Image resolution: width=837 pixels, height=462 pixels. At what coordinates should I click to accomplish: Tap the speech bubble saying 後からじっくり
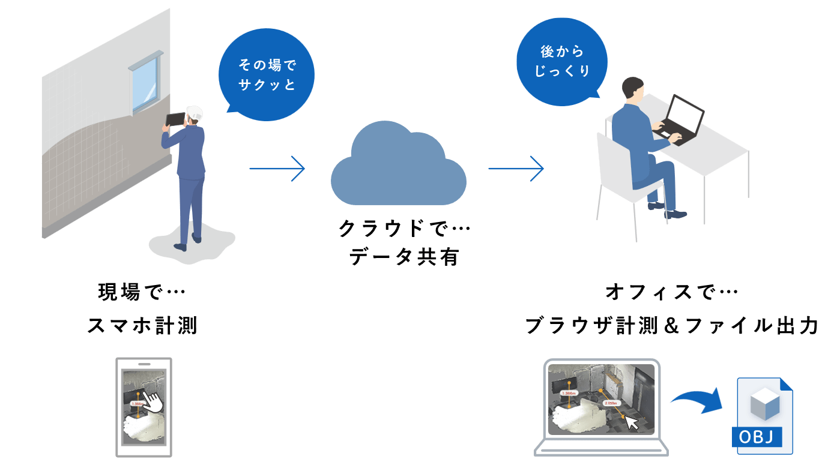561,61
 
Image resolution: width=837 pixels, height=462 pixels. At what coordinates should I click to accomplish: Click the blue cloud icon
398,164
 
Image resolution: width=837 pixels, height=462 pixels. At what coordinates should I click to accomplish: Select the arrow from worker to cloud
277,169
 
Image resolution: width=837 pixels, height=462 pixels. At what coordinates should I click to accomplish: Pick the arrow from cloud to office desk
516,169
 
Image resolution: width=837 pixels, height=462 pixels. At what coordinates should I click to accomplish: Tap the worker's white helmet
195,112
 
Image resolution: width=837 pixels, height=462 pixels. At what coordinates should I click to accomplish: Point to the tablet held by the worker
176,119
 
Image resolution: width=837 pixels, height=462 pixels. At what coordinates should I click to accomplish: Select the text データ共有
403,257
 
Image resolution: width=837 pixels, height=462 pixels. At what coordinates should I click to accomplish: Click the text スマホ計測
142,326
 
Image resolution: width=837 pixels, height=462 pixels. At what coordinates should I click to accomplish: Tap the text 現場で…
142,293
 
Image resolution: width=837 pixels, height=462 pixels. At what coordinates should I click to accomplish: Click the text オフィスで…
671,293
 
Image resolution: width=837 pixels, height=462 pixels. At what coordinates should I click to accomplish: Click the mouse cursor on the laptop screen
632,423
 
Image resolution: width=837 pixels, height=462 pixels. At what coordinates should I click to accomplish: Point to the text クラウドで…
403,228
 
